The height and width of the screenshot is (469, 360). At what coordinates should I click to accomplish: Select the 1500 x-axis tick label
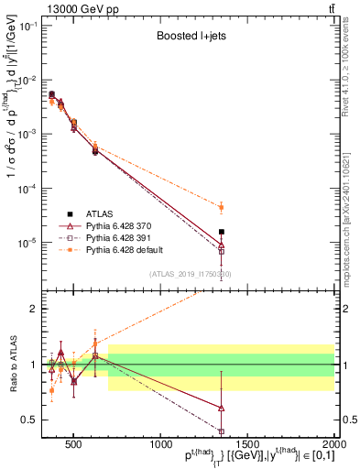coord(247,444)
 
